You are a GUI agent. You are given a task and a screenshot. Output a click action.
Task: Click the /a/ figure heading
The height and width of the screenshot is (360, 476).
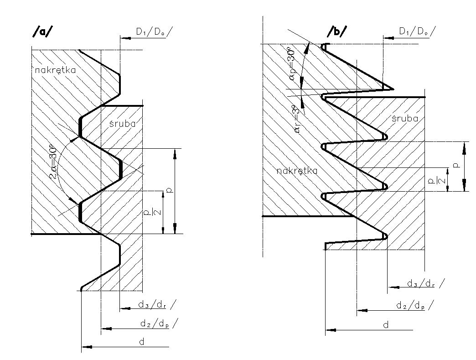pyautogui.click(x=41, y=31)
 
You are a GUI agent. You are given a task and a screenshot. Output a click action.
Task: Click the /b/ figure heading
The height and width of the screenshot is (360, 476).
pyautogui.click(x=337, y=31)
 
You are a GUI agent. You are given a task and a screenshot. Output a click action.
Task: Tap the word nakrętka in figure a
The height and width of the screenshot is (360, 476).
pyautogui.click(x=55, y=70)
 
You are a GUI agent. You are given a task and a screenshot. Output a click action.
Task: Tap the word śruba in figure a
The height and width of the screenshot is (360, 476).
pyautogui.click(x=122, y=123)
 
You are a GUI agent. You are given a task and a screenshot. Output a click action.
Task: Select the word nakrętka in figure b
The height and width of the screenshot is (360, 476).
pyautogui.click(x=297, y=171)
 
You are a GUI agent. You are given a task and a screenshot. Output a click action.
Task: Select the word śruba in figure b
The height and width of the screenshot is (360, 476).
pyautogui.click(x=405, y=118)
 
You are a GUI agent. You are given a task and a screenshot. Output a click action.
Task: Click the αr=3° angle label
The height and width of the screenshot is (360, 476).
pyautogui.click(x=297, y=120)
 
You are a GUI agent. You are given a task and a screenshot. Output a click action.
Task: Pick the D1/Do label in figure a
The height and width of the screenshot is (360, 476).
pyautogui.click(x=154, y=31)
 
